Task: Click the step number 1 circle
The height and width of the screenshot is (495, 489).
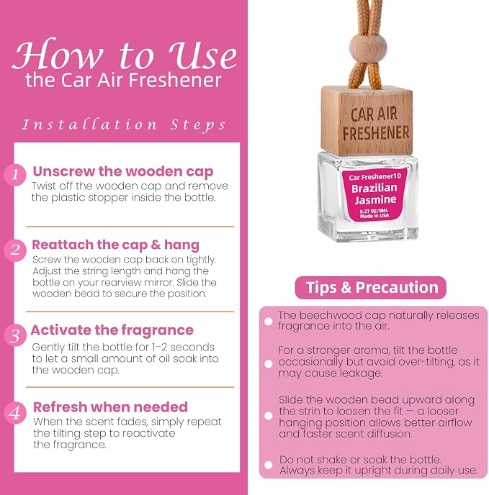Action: pyautogui.click(x=15, y=175)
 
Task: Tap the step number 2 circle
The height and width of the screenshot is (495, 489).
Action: pyautogui.click(x=15, y=250)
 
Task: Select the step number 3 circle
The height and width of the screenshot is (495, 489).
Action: pyautogui.click(x=15, y=335)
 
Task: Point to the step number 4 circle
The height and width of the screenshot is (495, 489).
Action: pyautogui.click(x=15, y=412)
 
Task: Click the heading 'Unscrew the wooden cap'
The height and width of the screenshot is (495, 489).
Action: pyautogui.click(x=123, y=171)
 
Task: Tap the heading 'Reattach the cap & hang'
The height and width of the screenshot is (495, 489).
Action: pyautogui.click(x=116, y=245)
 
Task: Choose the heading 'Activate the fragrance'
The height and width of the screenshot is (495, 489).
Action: pyautogui.click(x=112, y=330)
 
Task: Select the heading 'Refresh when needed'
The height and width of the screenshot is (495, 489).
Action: pyautogui.click(x=110, y=407)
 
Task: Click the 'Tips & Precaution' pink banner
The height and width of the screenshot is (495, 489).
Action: pyautogui.click(x=370, y=288)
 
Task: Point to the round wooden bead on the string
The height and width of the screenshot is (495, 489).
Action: pyautogui.click(x=368, y=47)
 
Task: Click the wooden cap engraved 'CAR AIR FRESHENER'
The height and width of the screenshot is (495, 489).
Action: pyautogui.click(x=367, y=121)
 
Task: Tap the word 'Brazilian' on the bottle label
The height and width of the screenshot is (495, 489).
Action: pyautogui.click(x=374, y=189)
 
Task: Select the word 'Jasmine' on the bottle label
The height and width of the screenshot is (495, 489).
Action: pyautogui.click(x=375, y=199)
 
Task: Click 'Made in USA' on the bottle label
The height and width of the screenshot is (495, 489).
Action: pyautogui.click(x=374, y=216)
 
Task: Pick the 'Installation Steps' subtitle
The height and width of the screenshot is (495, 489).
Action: pyautogui.click(x=124, y=124)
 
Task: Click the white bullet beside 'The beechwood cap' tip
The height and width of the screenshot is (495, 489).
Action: pyautogui.click(x=269, y=322)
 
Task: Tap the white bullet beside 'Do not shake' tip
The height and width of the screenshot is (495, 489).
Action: pyautogui.click(x=269, y=465)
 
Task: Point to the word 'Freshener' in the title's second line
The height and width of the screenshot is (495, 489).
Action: pyautogui.click(x=175, y=80)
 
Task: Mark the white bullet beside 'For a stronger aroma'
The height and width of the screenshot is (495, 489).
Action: pyautogui.click(x=269, y=363)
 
